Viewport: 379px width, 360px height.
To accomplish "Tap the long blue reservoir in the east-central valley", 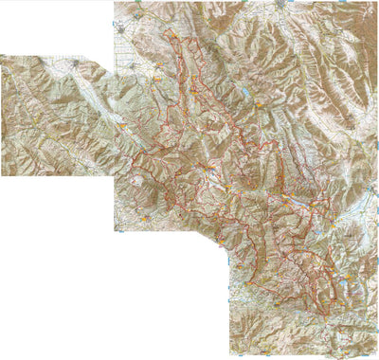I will (x=300, y=201).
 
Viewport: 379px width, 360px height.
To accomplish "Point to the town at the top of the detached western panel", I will (x=75, y=63).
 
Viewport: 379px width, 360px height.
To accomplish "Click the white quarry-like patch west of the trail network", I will (x=139, y=178).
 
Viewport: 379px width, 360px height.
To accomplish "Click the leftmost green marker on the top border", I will (x=138, y=3).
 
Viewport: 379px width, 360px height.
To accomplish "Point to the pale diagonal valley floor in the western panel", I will (x=85, y=95).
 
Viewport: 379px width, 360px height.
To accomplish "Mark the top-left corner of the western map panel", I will (x=2, y=55).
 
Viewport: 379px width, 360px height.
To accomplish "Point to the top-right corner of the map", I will (x=376, y=2).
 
